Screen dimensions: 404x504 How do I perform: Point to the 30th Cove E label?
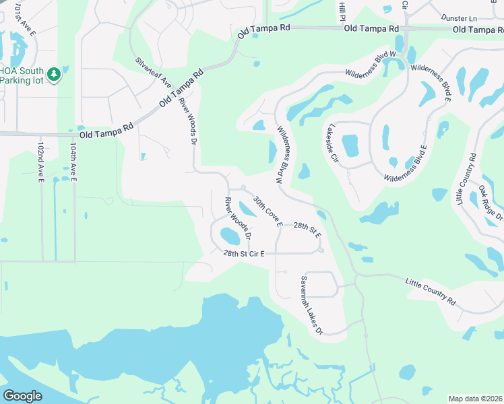coord(267,211)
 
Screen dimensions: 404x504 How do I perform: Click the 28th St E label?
coord(307,230)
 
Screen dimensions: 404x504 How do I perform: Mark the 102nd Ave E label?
coord(41,162)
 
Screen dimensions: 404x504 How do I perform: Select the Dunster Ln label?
coord(459,17)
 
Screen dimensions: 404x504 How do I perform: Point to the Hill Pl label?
coord(343,10)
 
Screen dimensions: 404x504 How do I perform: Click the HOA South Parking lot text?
coord(22,75)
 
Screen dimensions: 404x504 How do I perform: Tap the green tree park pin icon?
coord(53,74)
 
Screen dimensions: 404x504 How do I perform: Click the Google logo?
coord(23,396)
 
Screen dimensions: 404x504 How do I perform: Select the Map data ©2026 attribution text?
coord(475,399)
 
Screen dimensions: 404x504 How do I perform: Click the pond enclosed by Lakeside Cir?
coord(350,145)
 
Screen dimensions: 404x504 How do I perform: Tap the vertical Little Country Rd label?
coord(466,180)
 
